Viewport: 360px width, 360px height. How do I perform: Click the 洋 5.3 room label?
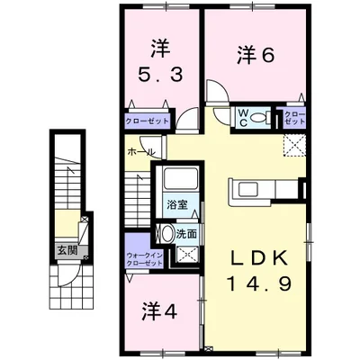160,62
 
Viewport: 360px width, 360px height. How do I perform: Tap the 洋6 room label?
256,55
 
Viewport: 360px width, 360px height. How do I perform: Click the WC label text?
243,117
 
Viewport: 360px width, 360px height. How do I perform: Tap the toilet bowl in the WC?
257,117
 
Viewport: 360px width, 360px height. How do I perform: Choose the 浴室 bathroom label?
177,205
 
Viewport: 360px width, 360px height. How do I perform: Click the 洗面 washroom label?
186,234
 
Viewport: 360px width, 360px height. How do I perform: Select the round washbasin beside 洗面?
166,233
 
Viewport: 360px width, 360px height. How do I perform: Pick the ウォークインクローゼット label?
145,259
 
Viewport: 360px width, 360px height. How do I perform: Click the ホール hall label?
141,152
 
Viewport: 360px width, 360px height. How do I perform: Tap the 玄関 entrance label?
67,250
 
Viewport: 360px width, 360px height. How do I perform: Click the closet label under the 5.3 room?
147,121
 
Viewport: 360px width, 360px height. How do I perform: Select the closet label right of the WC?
294,118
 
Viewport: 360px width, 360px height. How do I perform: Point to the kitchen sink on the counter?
248,190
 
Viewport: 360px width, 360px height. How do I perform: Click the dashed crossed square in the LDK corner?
295,146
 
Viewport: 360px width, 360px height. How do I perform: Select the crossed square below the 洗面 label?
187,255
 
